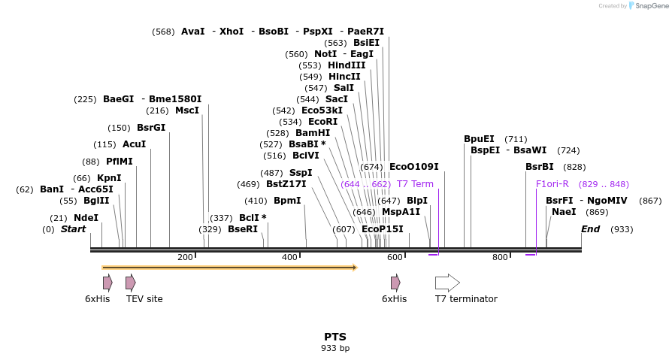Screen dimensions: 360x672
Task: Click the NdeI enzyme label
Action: [x=86, y=218]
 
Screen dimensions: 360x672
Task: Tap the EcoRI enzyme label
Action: [x=322, y=122]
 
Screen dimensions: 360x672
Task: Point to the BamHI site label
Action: [x=313, y=133]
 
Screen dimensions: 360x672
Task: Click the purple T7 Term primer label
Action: [x=415, y=184]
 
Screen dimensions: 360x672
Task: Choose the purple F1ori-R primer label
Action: [x=552, y=184]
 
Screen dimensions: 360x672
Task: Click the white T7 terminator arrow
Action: [x=447, y=283]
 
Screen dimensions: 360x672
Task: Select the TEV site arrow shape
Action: [x=131, y=283]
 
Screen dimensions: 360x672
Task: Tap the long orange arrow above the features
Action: [x=229, y=267]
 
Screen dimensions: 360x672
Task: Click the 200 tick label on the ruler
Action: [x=185, y=258]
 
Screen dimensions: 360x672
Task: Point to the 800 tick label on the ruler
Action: [x=500, y=258]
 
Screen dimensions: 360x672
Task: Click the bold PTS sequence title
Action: [x=335, y=337]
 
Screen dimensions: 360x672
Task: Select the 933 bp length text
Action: [x=335, y=348]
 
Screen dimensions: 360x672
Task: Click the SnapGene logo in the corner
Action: [x=647, y=6]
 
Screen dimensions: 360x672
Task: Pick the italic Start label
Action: [x=73, y=229]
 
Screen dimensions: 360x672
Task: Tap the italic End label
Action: [x=590, y=229]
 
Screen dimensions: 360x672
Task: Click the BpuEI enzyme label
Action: [x=479, y=139]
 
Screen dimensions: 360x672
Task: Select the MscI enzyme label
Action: [x=187, y=110]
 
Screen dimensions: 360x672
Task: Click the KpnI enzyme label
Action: [x=109, y=178]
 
